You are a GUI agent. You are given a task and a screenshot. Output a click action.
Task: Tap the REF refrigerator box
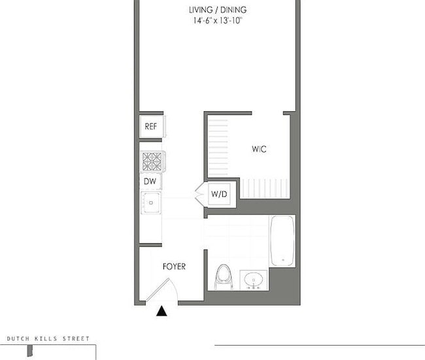pos(151,126)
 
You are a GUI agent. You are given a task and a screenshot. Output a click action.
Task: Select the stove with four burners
pos(152,161)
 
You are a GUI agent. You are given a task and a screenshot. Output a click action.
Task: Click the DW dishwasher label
pos(150,182)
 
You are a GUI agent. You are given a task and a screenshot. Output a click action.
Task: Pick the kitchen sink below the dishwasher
pos(151,203)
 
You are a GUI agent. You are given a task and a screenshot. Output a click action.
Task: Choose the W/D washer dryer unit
pos(218,193)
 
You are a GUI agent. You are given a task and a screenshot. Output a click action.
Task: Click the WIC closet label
pos(259,149)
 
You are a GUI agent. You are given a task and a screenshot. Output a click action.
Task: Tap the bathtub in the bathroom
pos(282,240)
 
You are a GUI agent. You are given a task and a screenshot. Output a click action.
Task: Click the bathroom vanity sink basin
pos(254,281)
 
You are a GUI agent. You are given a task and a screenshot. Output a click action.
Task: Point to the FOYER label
pos(174,267)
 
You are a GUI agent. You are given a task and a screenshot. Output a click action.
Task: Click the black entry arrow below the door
pos(162,312)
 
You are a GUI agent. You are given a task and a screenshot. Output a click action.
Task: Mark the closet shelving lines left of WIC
pos(218,147)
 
